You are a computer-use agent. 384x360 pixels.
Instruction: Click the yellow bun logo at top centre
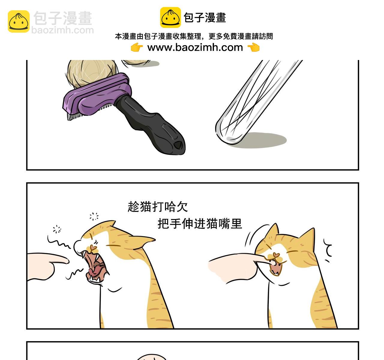(x=170, y=18)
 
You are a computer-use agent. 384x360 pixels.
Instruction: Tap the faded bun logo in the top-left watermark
(x=19, y=21)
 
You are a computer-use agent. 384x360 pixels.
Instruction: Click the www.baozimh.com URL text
(x=195, y=47)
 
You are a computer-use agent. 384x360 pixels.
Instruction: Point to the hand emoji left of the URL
(x=137, y=47)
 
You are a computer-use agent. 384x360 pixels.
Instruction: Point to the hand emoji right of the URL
(x=253, y=47)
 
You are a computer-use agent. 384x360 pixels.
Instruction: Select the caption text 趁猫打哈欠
(x=158, y=207)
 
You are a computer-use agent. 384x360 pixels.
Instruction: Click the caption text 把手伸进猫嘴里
(x=200, y=223)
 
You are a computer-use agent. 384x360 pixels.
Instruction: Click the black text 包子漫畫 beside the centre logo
(x=205, y=18)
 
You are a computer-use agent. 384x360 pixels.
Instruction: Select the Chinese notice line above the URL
(x=194, y=37)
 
